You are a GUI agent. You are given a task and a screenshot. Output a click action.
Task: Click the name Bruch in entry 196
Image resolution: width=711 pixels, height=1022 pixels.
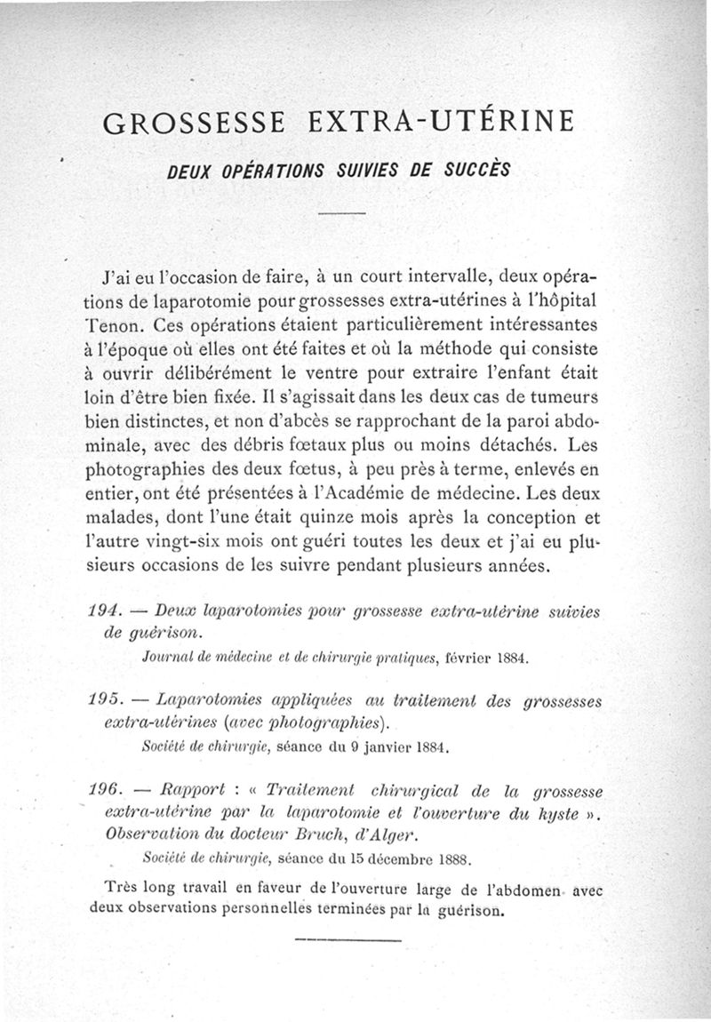click(319, 837)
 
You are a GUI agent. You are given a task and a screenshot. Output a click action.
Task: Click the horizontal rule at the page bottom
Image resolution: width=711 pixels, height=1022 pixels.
click(348, 938)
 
